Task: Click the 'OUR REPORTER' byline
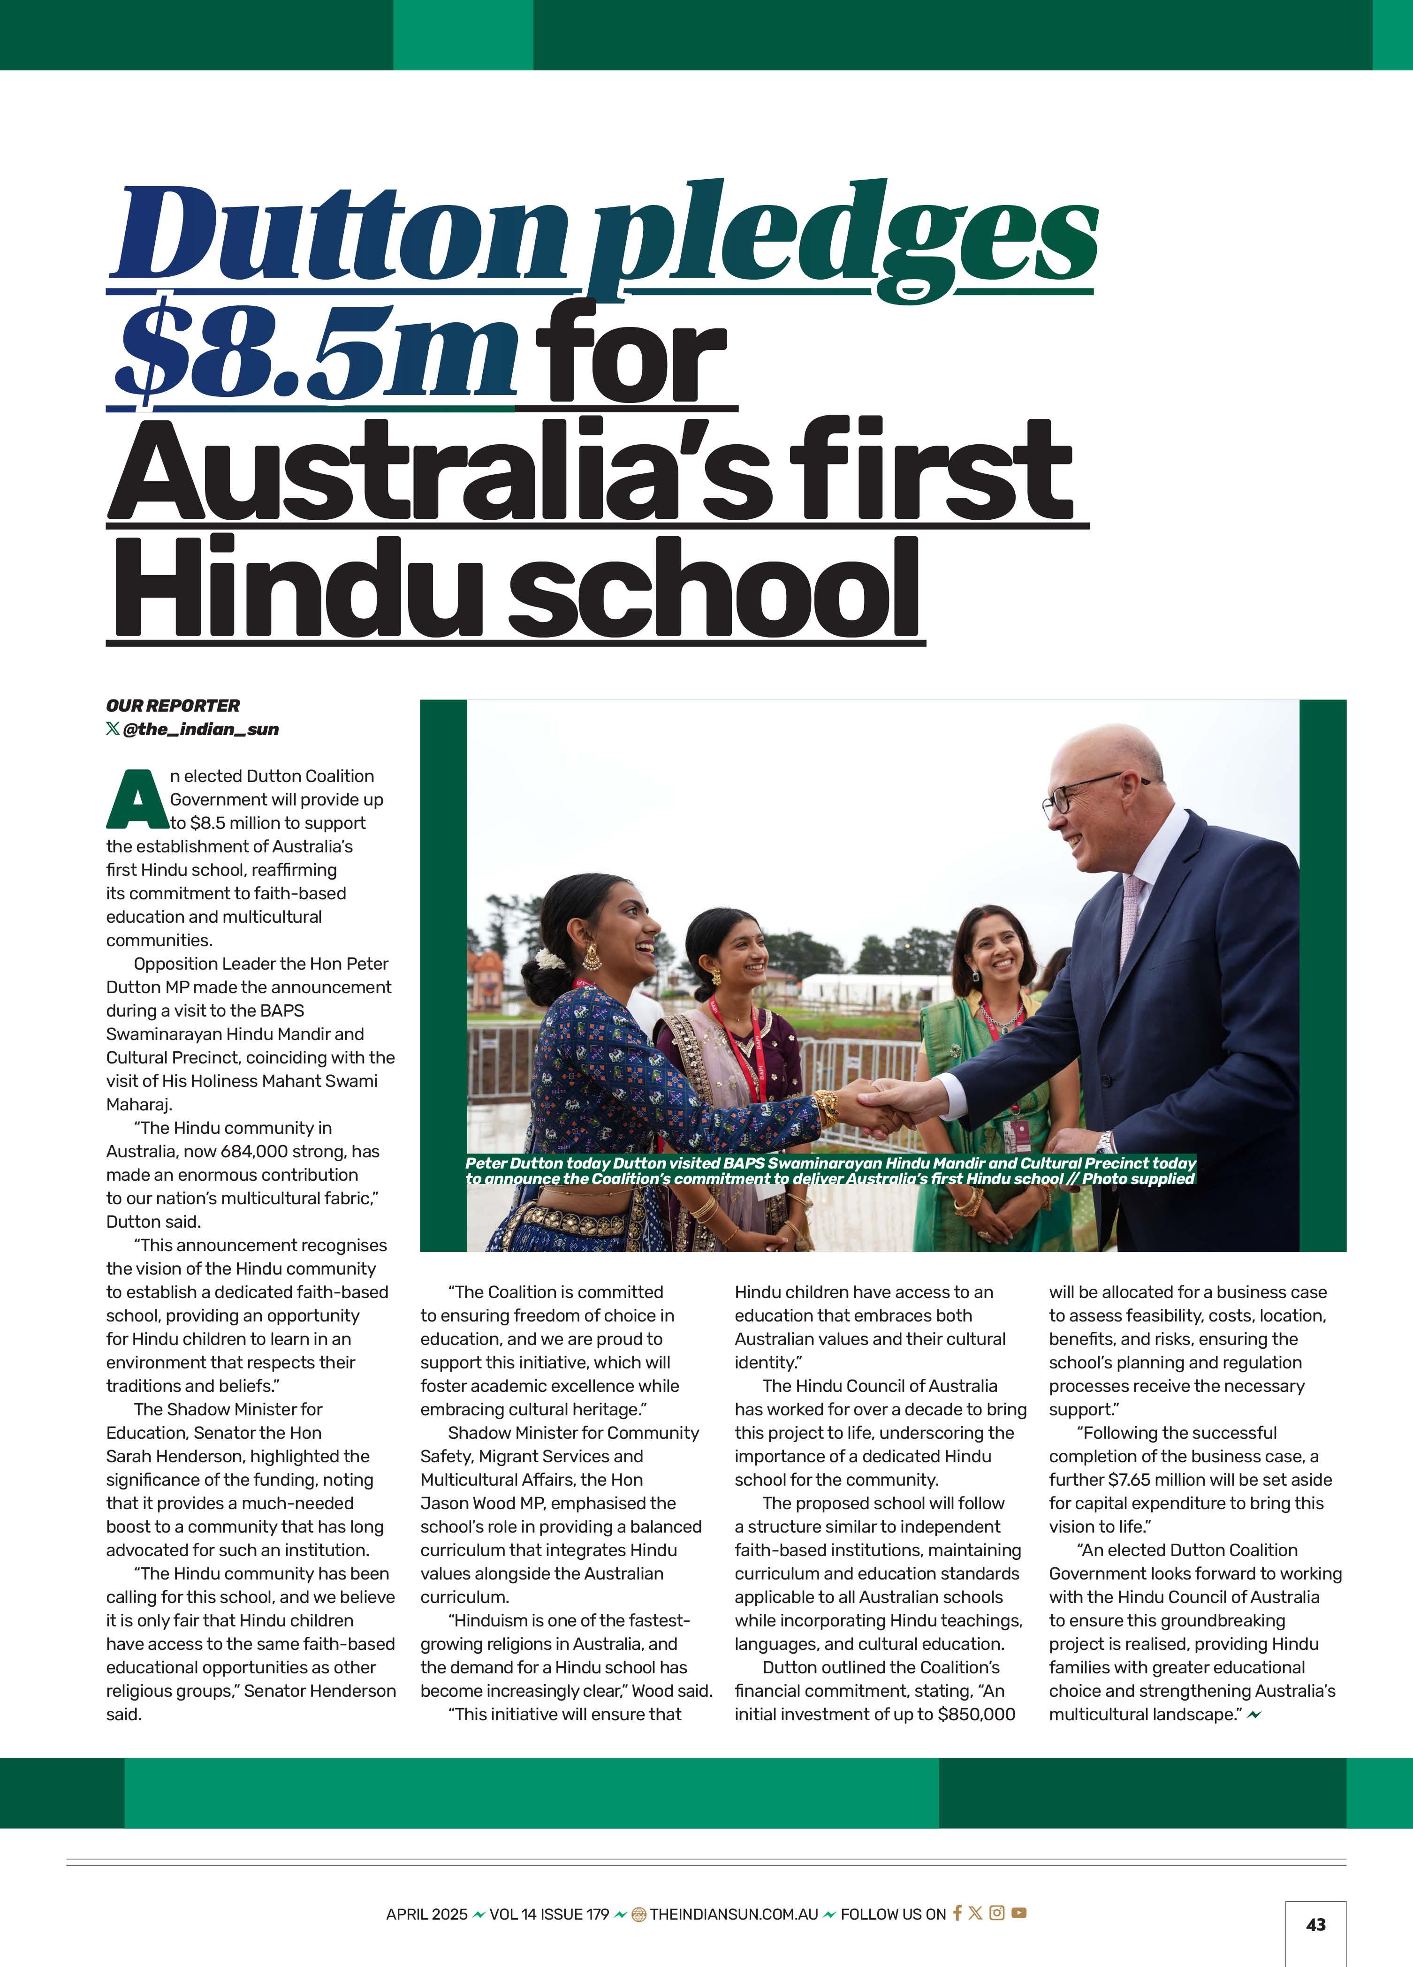[173, 705]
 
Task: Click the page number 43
[1315, 1924]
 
